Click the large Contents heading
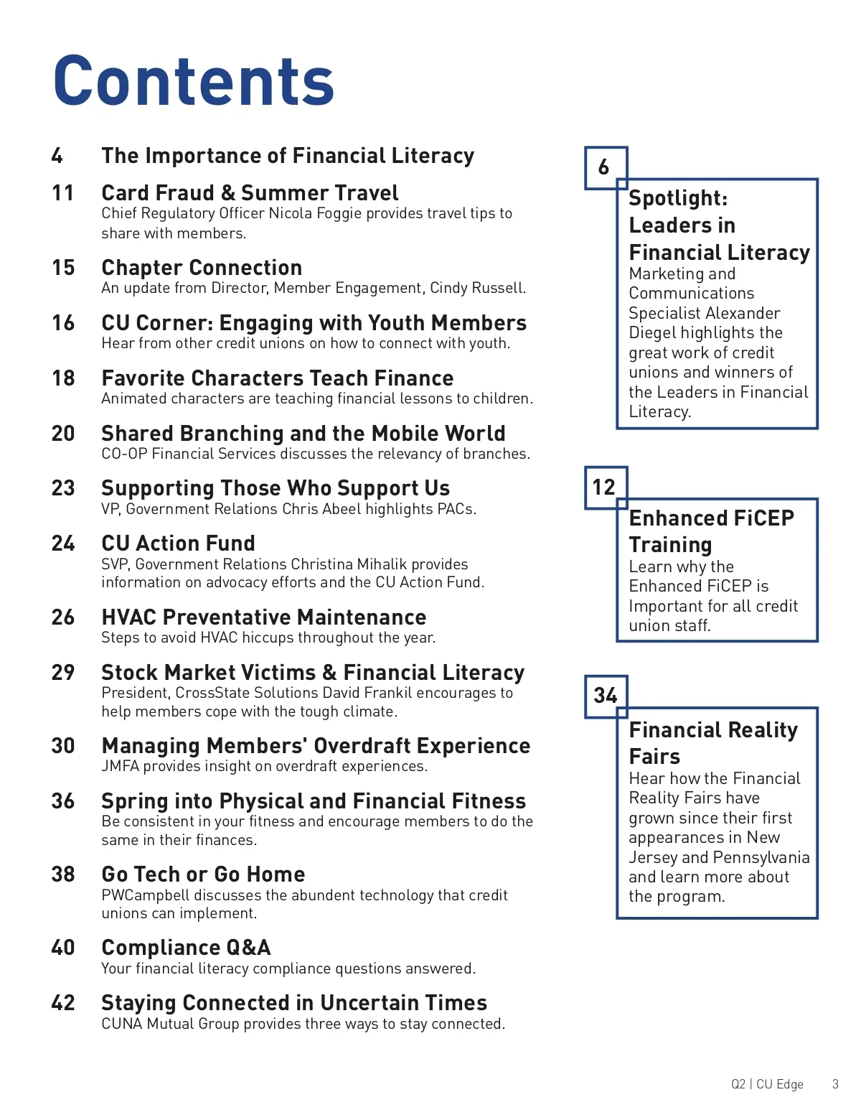click(194, 81)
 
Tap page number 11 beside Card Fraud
click(63, 193)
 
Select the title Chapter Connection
click(202, 268)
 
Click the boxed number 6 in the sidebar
click(604, 167)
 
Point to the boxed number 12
click(604, 487)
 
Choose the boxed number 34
click(605, 695)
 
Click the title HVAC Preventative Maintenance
click(263, 617)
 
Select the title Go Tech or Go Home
click(203, 874)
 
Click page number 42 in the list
click(63, 1002)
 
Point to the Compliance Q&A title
click(186, 948)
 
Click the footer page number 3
click(834, 1084)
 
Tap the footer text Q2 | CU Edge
click(767, 1084)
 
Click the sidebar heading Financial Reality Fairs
click(712, 743)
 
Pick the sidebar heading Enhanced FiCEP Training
click(710, 531)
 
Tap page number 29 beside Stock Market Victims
click(63, 673)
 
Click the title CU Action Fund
click(178, 543)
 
